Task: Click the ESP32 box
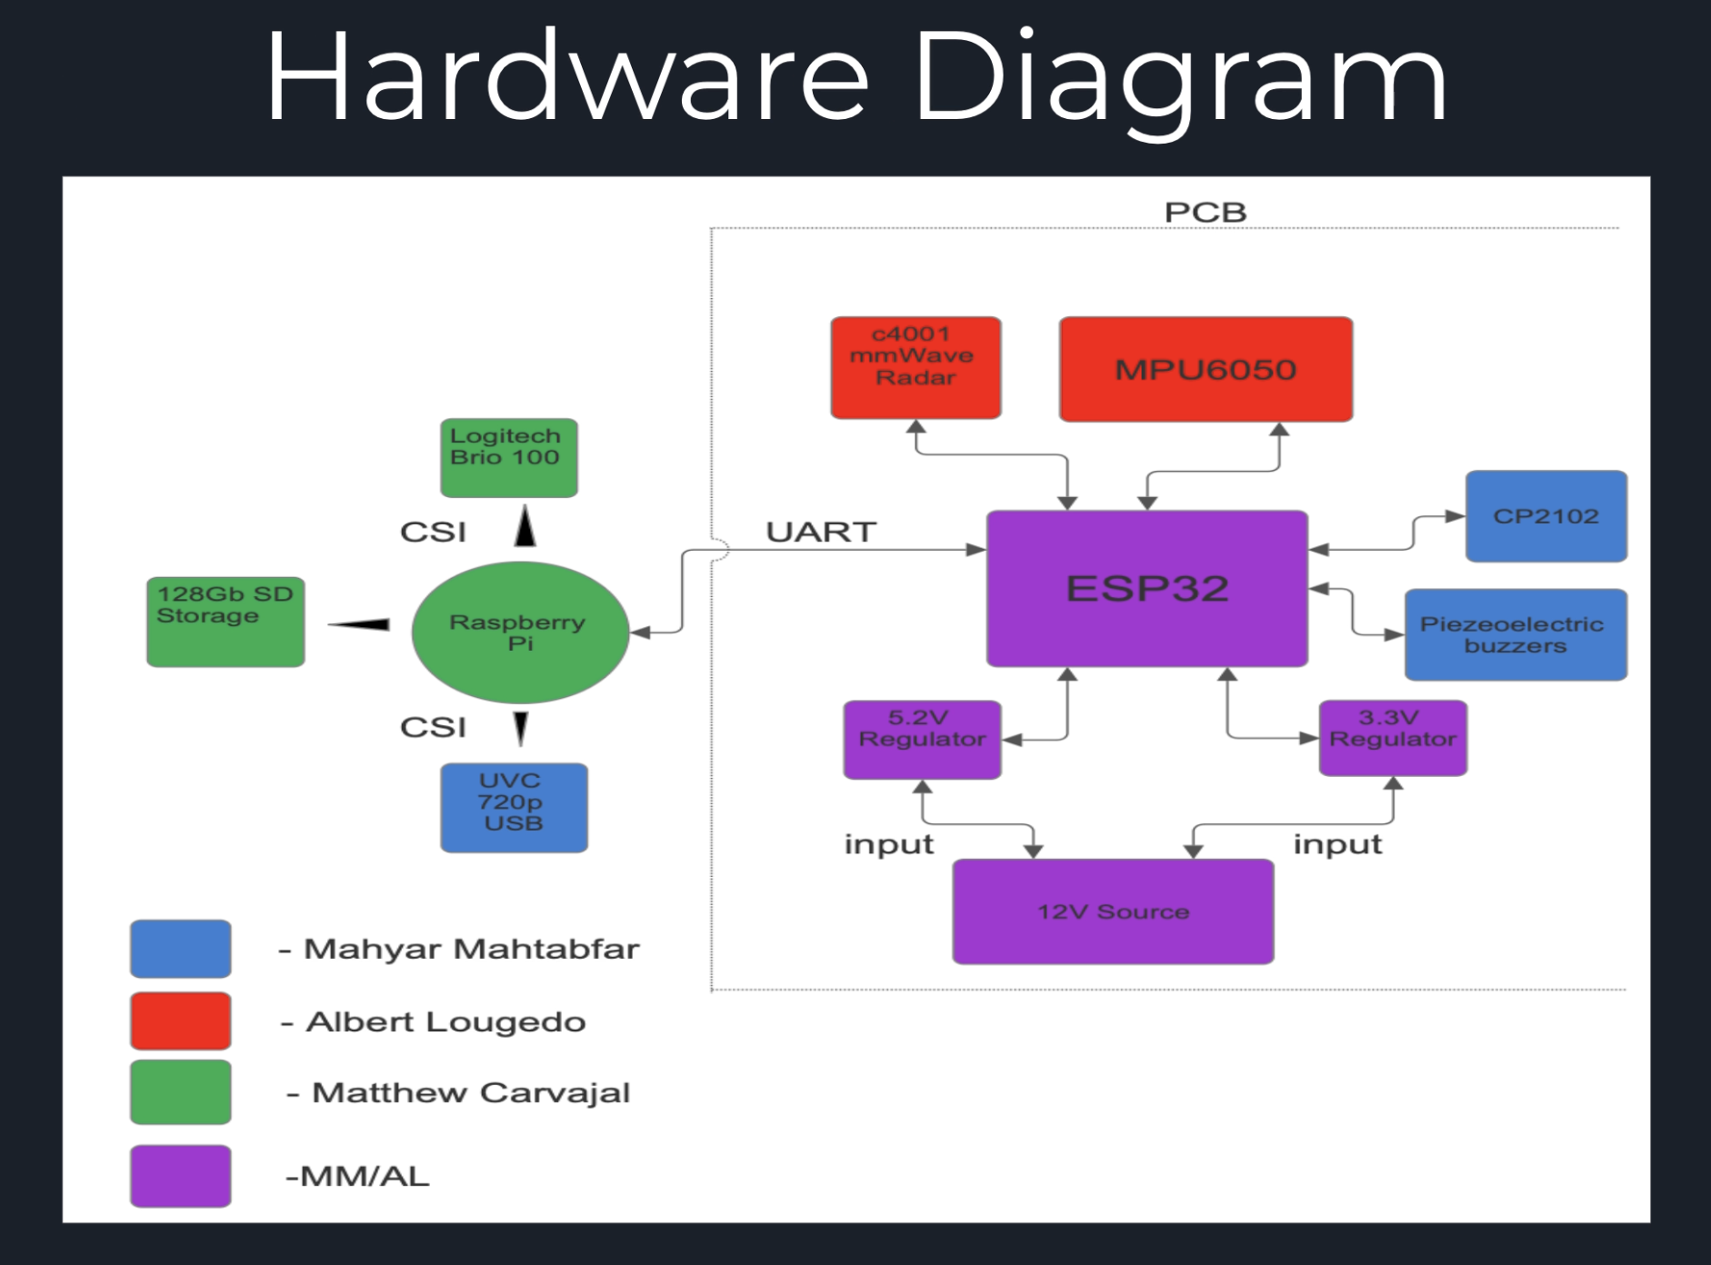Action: click(1146, 589)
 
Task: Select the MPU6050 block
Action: click(1206, 369)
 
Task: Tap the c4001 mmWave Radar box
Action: click(916, 367)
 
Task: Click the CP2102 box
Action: click(1546, 516)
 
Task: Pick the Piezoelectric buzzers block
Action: click(1515, 634)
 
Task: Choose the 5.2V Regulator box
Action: click(922, 739)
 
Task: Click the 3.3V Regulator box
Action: click(1392, 737)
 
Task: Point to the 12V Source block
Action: click(1113, 911)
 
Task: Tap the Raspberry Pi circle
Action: click(520, 632)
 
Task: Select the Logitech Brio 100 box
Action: click(508, 457)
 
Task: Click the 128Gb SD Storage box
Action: click(225, 622)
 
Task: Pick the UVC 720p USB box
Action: click(514, 807)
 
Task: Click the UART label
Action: click(821, 532)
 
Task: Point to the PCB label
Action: click(1205, 213)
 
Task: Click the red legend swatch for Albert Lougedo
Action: click(180, 1021)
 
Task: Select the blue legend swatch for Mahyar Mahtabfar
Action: click(180, 949)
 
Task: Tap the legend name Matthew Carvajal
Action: click(470, 1092)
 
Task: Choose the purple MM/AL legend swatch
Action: click(180, 1176)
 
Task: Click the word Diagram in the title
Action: click(1179, 76)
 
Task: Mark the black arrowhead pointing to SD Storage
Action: click(359, 624)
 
